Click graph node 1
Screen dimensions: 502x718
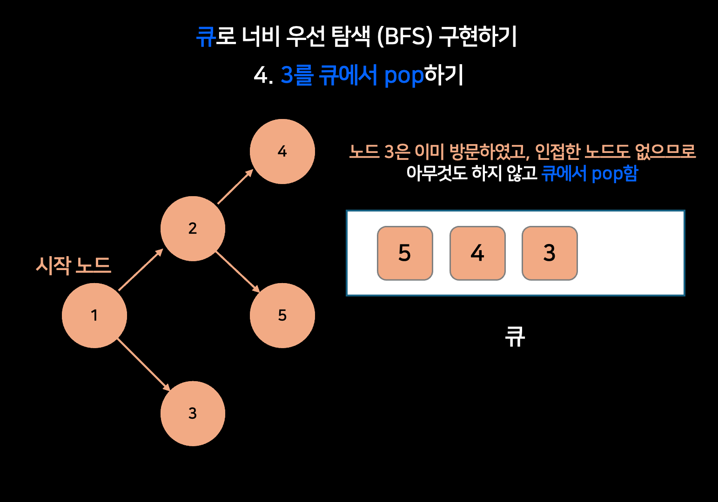tap(94, 316)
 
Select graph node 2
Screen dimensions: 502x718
tap(193, 229)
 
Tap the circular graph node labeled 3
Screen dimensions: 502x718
tap(193, 413)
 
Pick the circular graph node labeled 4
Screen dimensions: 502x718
tap(282, 152)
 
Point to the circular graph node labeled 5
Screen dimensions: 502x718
tap(282, 316)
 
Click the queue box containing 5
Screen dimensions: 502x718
tap(405, 253)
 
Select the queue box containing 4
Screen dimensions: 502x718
tap(477, 253)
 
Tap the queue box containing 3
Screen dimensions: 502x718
tap(550, 253)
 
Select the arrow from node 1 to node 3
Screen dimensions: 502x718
tap(143, 364)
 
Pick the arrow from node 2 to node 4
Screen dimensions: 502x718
tap(235, 187)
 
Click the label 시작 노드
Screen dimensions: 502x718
tap(74, 266)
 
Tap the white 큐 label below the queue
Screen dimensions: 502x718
tap(515, 337)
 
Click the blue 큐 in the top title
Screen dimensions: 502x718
tap(205, 36)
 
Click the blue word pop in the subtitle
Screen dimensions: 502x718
tap(404, 76)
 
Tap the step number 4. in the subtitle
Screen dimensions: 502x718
tap(263, 76)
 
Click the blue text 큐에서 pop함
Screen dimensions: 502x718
tap(590, 173)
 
